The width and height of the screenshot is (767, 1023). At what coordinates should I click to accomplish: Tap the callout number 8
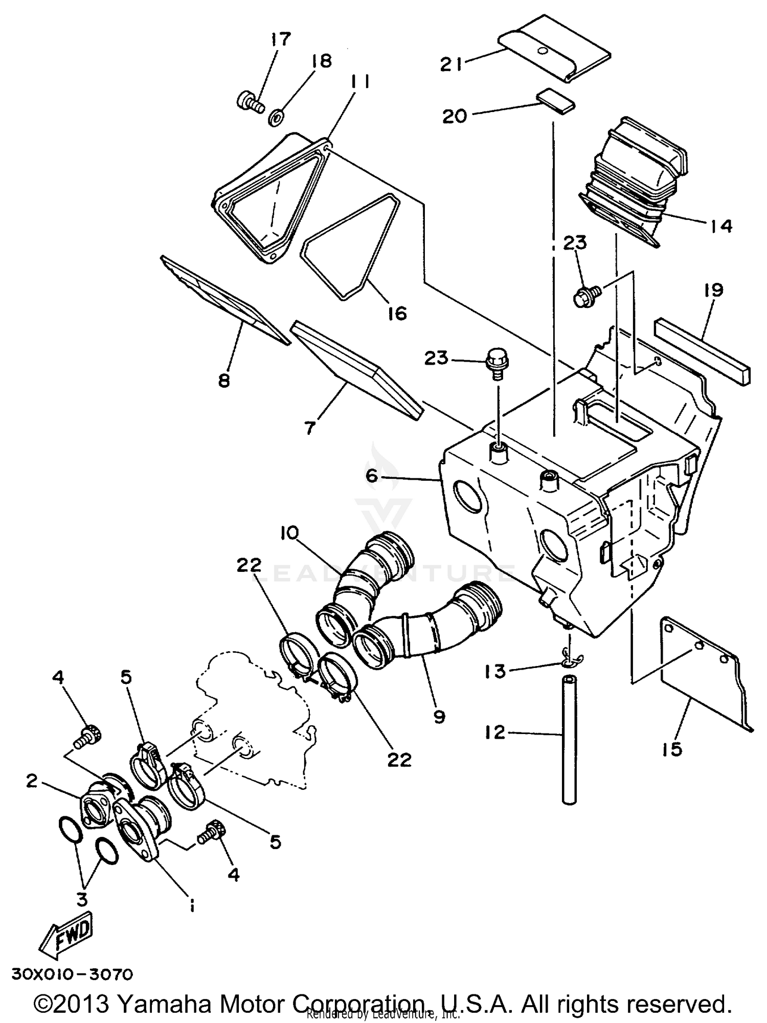click(224, 380)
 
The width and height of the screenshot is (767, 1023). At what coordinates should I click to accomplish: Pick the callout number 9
click(439, 717)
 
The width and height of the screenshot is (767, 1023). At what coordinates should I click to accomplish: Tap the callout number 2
click(32, 782)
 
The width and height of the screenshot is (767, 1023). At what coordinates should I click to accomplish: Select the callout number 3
click(82, 899)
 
